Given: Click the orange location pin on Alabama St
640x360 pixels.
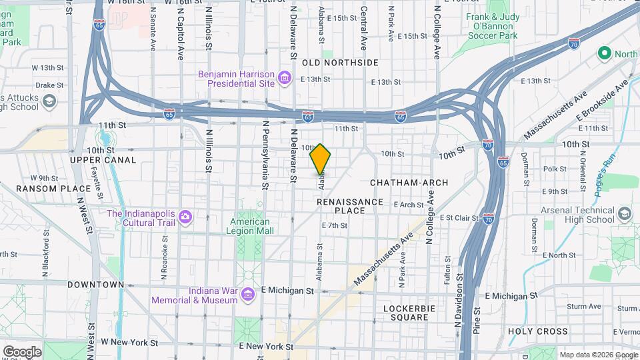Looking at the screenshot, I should click(x=321, y=159).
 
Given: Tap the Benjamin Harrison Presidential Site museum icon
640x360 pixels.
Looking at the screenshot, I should click(x=285, y=79).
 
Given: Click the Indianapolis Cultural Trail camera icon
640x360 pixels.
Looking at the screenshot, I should click(x=185, y=217).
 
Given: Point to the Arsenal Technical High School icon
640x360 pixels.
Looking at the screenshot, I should click(x=625, y=214).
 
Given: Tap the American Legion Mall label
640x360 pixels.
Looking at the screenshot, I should click(x=251, y=226).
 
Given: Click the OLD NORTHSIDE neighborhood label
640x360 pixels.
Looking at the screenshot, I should click(x=340, y=63).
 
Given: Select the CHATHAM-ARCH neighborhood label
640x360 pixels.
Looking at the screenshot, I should click(x=409, y=182).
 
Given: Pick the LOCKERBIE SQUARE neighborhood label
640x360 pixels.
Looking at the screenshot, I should click(x=406, y=313).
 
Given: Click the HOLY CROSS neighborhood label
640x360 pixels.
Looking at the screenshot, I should click(x=538, y=331).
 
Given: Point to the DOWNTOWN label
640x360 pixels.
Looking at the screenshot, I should click(x=95, y=285).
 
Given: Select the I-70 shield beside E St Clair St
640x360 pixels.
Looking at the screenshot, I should click(x=489, y=218).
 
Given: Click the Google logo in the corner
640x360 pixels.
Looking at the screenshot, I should click(x=22, y=351).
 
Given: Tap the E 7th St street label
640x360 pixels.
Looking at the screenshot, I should click(x=335, y=225).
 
